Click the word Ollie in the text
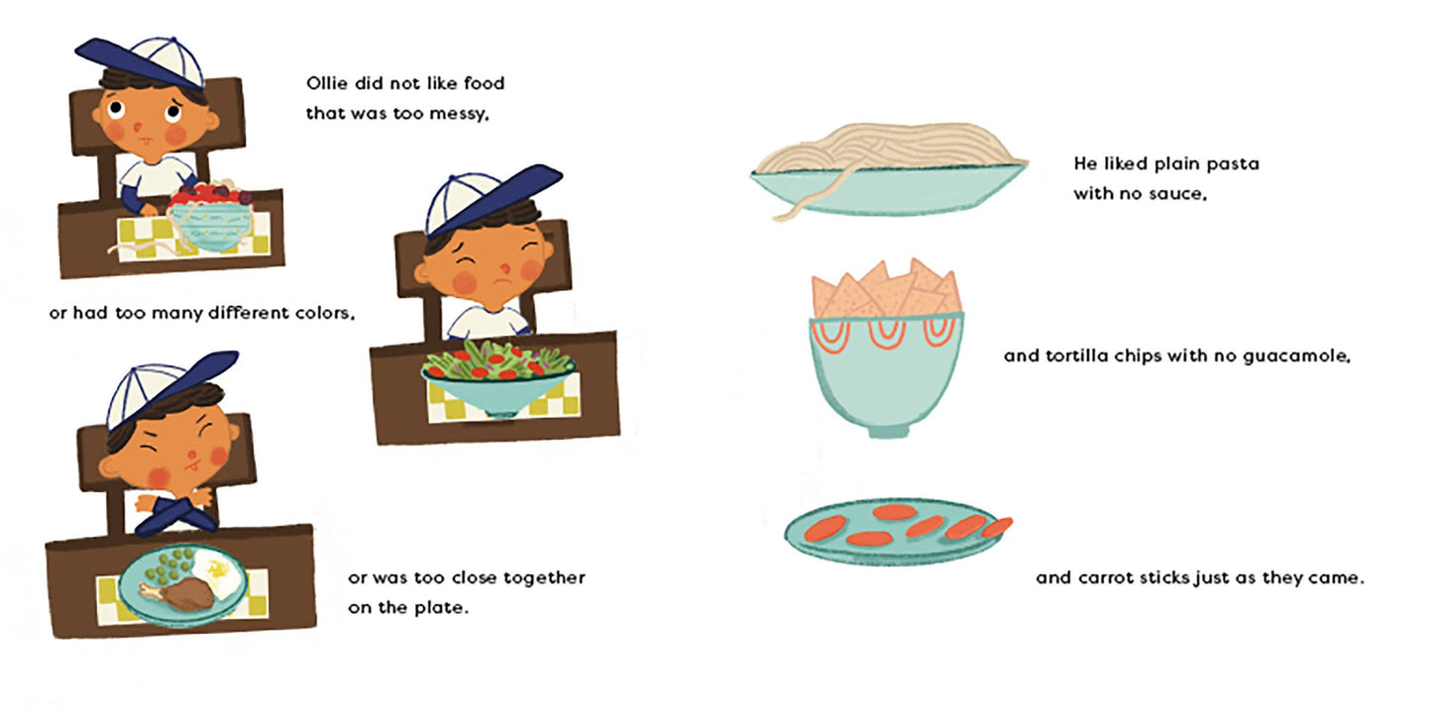[x=326, y=83]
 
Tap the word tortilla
[x=1083, y=356]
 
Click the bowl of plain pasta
[x=887, y=183]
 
